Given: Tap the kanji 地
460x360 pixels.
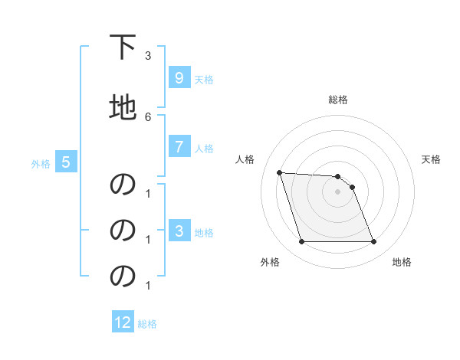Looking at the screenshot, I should point(123,107).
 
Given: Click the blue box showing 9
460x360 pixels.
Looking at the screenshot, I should point(179,78).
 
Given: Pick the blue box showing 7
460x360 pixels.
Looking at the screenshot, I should point(179,148).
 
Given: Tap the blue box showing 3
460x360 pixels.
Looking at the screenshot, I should point(179,231).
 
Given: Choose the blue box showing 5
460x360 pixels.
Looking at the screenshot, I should point(66,162).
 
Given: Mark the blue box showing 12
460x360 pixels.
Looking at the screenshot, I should point(123,322).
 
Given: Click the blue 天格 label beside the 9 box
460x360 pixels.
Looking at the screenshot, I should point(204,79).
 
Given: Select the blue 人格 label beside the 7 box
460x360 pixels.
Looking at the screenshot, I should point(204,149).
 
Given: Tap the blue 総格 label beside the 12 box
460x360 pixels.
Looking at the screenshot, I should point(147,323).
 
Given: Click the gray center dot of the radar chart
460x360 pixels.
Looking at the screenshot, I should point(337,191).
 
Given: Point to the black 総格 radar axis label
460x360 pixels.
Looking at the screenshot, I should point(337,100).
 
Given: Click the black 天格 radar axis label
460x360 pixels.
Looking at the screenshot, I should point(431,159).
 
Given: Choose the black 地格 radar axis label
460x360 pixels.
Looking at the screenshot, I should point(402,263).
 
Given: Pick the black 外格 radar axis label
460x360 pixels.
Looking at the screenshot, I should point(270,263).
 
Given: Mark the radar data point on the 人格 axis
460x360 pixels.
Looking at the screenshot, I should point(279,172).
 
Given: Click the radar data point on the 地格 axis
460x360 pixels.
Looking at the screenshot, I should point(373,242).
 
